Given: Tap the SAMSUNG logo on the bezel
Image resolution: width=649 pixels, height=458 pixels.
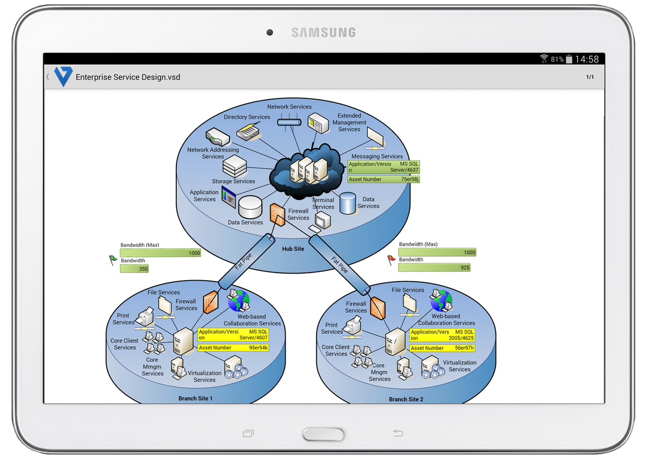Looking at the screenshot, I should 323,33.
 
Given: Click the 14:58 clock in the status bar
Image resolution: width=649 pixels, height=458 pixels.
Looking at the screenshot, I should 586,59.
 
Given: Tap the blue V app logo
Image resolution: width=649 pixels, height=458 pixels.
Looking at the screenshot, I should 63,77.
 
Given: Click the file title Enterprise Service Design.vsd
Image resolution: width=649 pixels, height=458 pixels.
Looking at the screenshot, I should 128,77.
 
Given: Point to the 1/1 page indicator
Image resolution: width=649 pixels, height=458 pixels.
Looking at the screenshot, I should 590,77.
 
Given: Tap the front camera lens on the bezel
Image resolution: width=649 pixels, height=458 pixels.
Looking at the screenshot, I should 269,33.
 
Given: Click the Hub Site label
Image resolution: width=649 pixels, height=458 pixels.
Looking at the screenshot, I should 293,249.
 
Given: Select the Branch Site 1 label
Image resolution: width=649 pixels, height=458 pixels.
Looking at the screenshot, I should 195,399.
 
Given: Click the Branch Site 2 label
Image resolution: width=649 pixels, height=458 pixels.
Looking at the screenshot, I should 406,400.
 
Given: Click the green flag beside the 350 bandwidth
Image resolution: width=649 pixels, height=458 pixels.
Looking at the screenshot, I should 112,260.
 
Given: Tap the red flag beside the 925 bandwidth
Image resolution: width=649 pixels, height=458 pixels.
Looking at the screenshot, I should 391,260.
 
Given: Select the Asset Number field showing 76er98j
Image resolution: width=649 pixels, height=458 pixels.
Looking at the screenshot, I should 383,180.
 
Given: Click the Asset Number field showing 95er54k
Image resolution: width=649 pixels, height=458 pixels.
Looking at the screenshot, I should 233,348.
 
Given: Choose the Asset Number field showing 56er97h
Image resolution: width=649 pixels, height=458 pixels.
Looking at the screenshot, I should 442,348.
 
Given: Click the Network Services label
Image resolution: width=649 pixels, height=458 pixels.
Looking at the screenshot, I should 289,107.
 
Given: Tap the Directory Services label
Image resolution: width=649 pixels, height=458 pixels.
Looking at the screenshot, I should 247,117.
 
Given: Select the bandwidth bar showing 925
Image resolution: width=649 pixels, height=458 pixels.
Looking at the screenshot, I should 434,268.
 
